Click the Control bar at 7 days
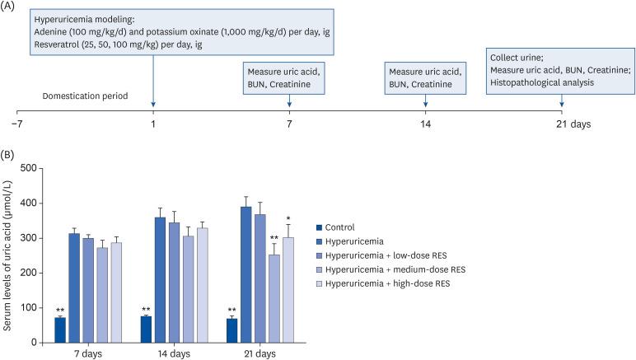[x=60, y=330]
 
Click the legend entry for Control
[x=338, y=226]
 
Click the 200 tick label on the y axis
[x=32, y=273]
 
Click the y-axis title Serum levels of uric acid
[x=9, y=255]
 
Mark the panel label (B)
[x=10, y=153]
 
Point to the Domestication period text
[x=85, y=96]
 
